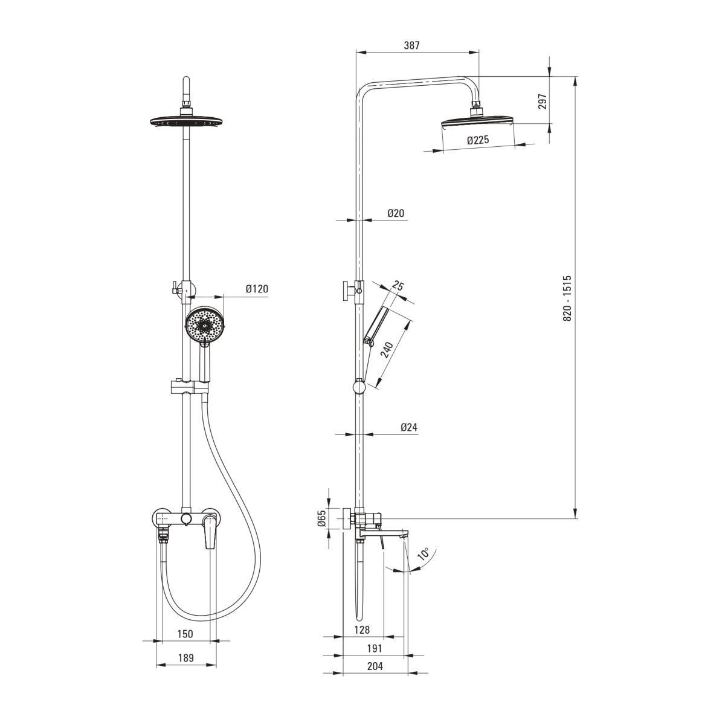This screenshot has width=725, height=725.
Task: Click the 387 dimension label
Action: (411, 45)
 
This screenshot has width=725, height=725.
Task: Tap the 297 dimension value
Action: (542, 101)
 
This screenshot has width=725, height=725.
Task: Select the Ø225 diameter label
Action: (478, 140)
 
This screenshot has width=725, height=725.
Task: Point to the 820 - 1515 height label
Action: (567, 298)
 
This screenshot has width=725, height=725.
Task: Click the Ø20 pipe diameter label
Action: (396, 213)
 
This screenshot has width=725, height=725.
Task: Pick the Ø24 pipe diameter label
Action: (409, 427)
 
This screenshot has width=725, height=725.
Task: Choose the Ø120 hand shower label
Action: (257, 289)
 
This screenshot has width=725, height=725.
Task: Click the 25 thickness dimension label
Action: (398, 286)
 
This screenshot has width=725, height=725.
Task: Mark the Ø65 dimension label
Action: (321, 518)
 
